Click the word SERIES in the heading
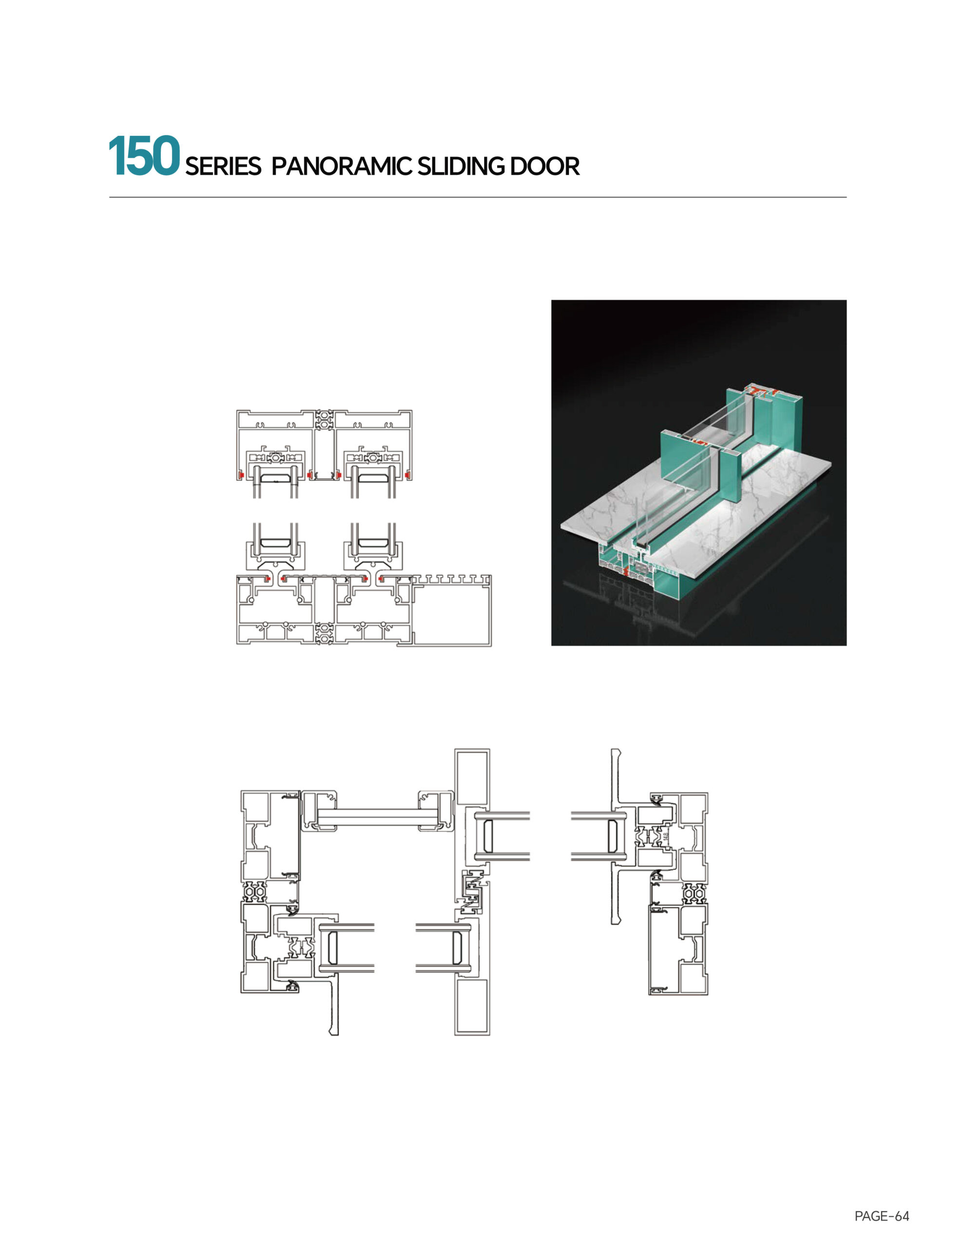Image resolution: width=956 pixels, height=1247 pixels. (x=223, y=166)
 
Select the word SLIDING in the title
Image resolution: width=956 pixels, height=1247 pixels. (x=460, y=166)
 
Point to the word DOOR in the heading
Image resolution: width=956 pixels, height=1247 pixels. (x=544, y=166)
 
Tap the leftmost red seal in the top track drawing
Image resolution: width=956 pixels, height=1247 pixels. (x=241, y=474)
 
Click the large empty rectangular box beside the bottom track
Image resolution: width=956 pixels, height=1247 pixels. (x=452, y=615)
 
